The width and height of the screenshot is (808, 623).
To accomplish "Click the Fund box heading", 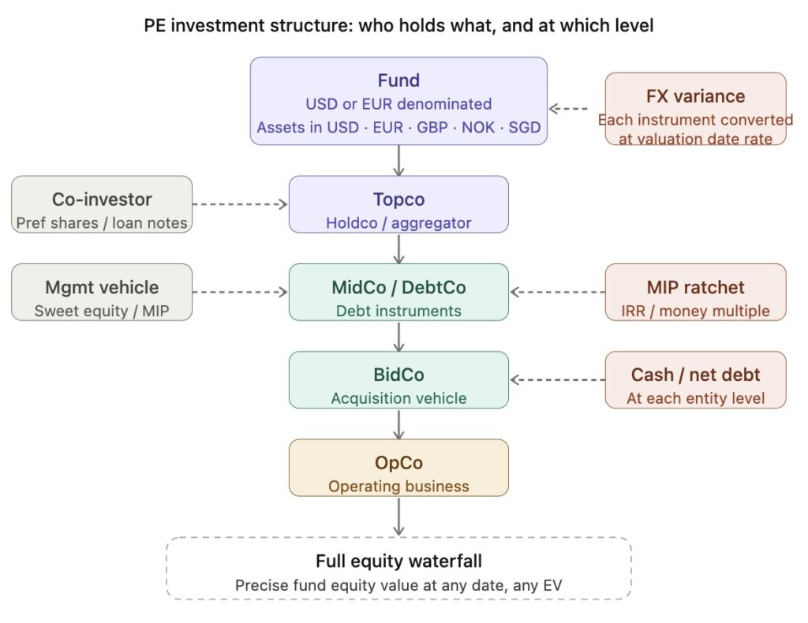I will pos(398,80).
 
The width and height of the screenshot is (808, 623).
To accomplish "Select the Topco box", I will pos(398,204).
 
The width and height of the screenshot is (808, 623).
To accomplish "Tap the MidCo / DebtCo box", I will pos(398,292).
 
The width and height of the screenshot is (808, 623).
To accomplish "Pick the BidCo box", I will pos(398,379).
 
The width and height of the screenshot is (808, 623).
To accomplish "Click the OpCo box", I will pos(398,468).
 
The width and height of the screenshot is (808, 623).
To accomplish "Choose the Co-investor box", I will pos(102,204).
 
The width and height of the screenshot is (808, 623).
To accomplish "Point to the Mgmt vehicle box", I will pos(102,292).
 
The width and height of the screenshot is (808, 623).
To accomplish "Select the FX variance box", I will pos(695,109).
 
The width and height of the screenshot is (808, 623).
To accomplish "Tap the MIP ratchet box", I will pos(695,292).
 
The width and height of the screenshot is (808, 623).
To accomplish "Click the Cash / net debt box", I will pos(695,379).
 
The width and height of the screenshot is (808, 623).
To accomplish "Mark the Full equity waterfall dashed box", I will pos(398,569).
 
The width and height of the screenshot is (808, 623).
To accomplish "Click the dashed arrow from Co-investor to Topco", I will pos(240,204).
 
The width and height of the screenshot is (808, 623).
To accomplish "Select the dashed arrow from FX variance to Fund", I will pos(577,109).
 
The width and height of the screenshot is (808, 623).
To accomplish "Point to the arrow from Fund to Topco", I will pos(399,160).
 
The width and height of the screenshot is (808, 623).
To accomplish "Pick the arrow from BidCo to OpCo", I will pos(399,423).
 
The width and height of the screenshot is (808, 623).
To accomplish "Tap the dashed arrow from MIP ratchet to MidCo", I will pos(557,292).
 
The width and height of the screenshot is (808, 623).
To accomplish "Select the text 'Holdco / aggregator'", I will pos(398,223).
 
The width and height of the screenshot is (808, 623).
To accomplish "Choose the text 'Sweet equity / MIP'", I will pos(102,311).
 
